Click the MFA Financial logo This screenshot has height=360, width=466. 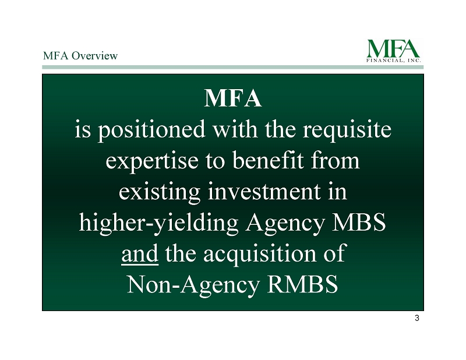pos(394,51)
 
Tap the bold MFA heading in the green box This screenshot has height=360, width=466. pos(233,98)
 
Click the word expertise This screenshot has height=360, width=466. pos(152,161)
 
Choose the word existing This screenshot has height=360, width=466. pos(160,193)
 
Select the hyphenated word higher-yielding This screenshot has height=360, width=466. pos(158,224)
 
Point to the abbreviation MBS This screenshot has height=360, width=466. pos(358,223)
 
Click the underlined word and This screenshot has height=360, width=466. pos(140,253)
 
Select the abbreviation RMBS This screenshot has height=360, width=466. pos(302,284)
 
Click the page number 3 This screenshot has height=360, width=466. pos(417,319)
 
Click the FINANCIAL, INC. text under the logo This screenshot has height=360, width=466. pos(394,61)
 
